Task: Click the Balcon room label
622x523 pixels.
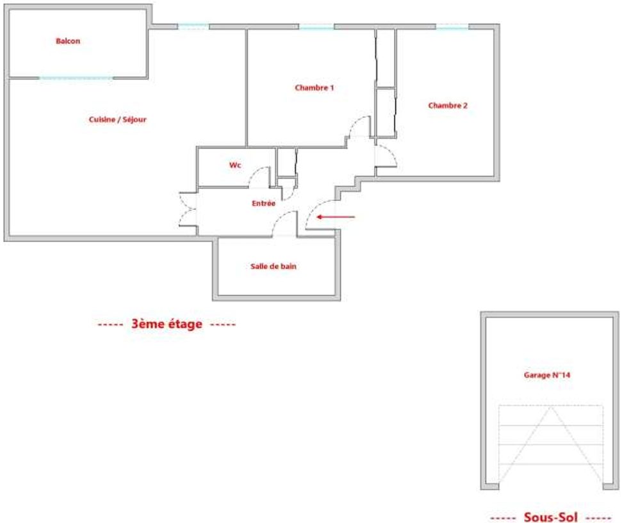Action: [x=68, y=41]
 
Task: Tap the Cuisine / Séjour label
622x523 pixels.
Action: [x=117, y=119]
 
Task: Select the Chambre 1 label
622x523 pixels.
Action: [x=314, y=88]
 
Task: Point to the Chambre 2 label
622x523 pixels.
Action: [x=448, y=106]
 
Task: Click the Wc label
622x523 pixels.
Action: [x=235, y=165]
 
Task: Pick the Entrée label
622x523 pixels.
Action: [x=263, y=203]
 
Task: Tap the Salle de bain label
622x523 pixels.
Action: [x=274, y=266]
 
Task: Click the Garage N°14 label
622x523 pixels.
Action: [x=547, y=374]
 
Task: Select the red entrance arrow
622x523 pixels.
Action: [x=336, y=217]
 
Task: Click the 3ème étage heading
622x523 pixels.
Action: [x=167, y=324]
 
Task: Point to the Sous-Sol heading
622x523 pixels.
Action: [x=551, y=517]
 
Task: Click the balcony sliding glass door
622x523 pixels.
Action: [x=76, y=77]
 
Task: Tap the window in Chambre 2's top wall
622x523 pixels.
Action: [x=452, y=27]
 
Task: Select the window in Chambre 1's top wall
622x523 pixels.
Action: [x=316, y=27]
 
